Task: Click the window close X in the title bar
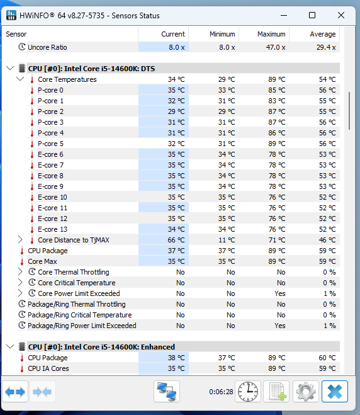341,15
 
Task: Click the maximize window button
312,15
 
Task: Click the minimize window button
284,16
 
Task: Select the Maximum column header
271,34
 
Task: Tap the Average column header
323,34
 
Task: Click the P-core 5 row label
50,144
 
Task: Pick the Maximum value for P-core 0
277,90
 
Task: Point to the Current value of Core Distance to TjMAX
176,240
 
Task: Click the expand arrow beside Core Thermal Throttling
20,272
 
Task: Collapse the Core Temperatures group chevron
20,79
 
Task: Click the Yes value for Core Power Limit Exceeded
280,293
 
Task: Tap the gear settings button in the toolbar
306,392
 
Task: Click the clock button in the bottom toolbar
248,392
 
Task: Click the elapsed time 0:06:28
221,392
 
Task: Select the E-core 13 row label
52,229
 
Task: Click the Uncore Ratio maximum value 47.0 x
276,47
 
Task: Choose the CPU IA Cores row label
48,368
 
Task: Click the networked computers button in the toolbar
167,392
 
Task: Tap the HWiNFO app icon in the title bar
11,15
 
